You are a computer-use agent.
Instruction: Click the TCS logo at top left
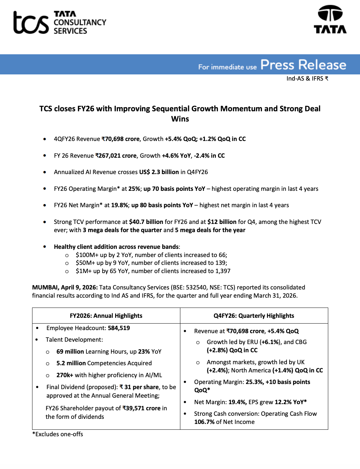pyautogui.click(x=60, y=23)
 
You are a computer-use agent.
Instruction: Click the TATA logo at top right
pyautogui.click(x=330, y=19)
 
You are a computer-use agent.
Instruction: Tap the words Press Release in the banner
pyautogui.click(x=303, y=65)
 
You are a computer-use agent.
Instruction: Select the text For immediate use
pyautogui.click(x=227, y=67)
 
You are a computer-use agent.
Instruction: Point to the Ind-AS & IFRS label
pyautogui.click(x=307, y=79)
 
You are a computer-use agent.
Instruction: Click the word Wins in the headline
pyautogui.click(x=180, y=119)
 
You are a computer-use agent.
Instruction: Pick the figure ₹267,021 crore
pyautogui.click(x=116, y=156)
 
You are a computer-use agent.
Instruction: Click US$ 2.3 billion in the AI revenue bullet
pyautogui.click(x=159, y=172)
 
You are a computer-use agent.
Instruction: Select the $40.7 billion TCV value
pyautogui.click(x=146, y=222)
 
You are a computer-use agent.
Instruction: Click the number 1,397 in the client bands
pyautogui.click(x=223, y=271)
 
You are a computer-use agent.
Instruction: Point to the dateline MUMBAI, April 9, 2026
pyautogui.click(x=65, y=287)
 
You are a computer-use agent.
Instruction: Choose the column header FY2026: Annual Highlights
pyautogui.click(x=106, y=316)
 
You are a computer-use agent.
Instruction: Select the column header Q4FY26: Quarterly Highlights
pyautogui.click(x=254, y=316)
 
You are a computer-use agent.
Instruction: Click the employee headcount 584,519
pyautogui.click(x=119, y=328)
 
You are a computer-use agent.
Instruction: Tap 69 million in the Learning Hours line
pyautogui.click(x=70, y=352)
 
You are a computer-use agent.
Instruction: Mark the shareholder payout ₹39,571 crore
pyautogui.click(x=141, y=408)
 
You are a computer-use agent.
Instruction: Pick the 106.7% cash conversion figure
pyautogui.click(x=204, y=422)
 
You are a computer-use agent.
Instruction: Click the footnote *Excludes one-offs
pyautogui.click(x=58, y=434)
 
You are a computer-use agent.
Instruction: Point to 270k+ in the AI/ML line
pyautogui.click(x=65, y=375)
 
